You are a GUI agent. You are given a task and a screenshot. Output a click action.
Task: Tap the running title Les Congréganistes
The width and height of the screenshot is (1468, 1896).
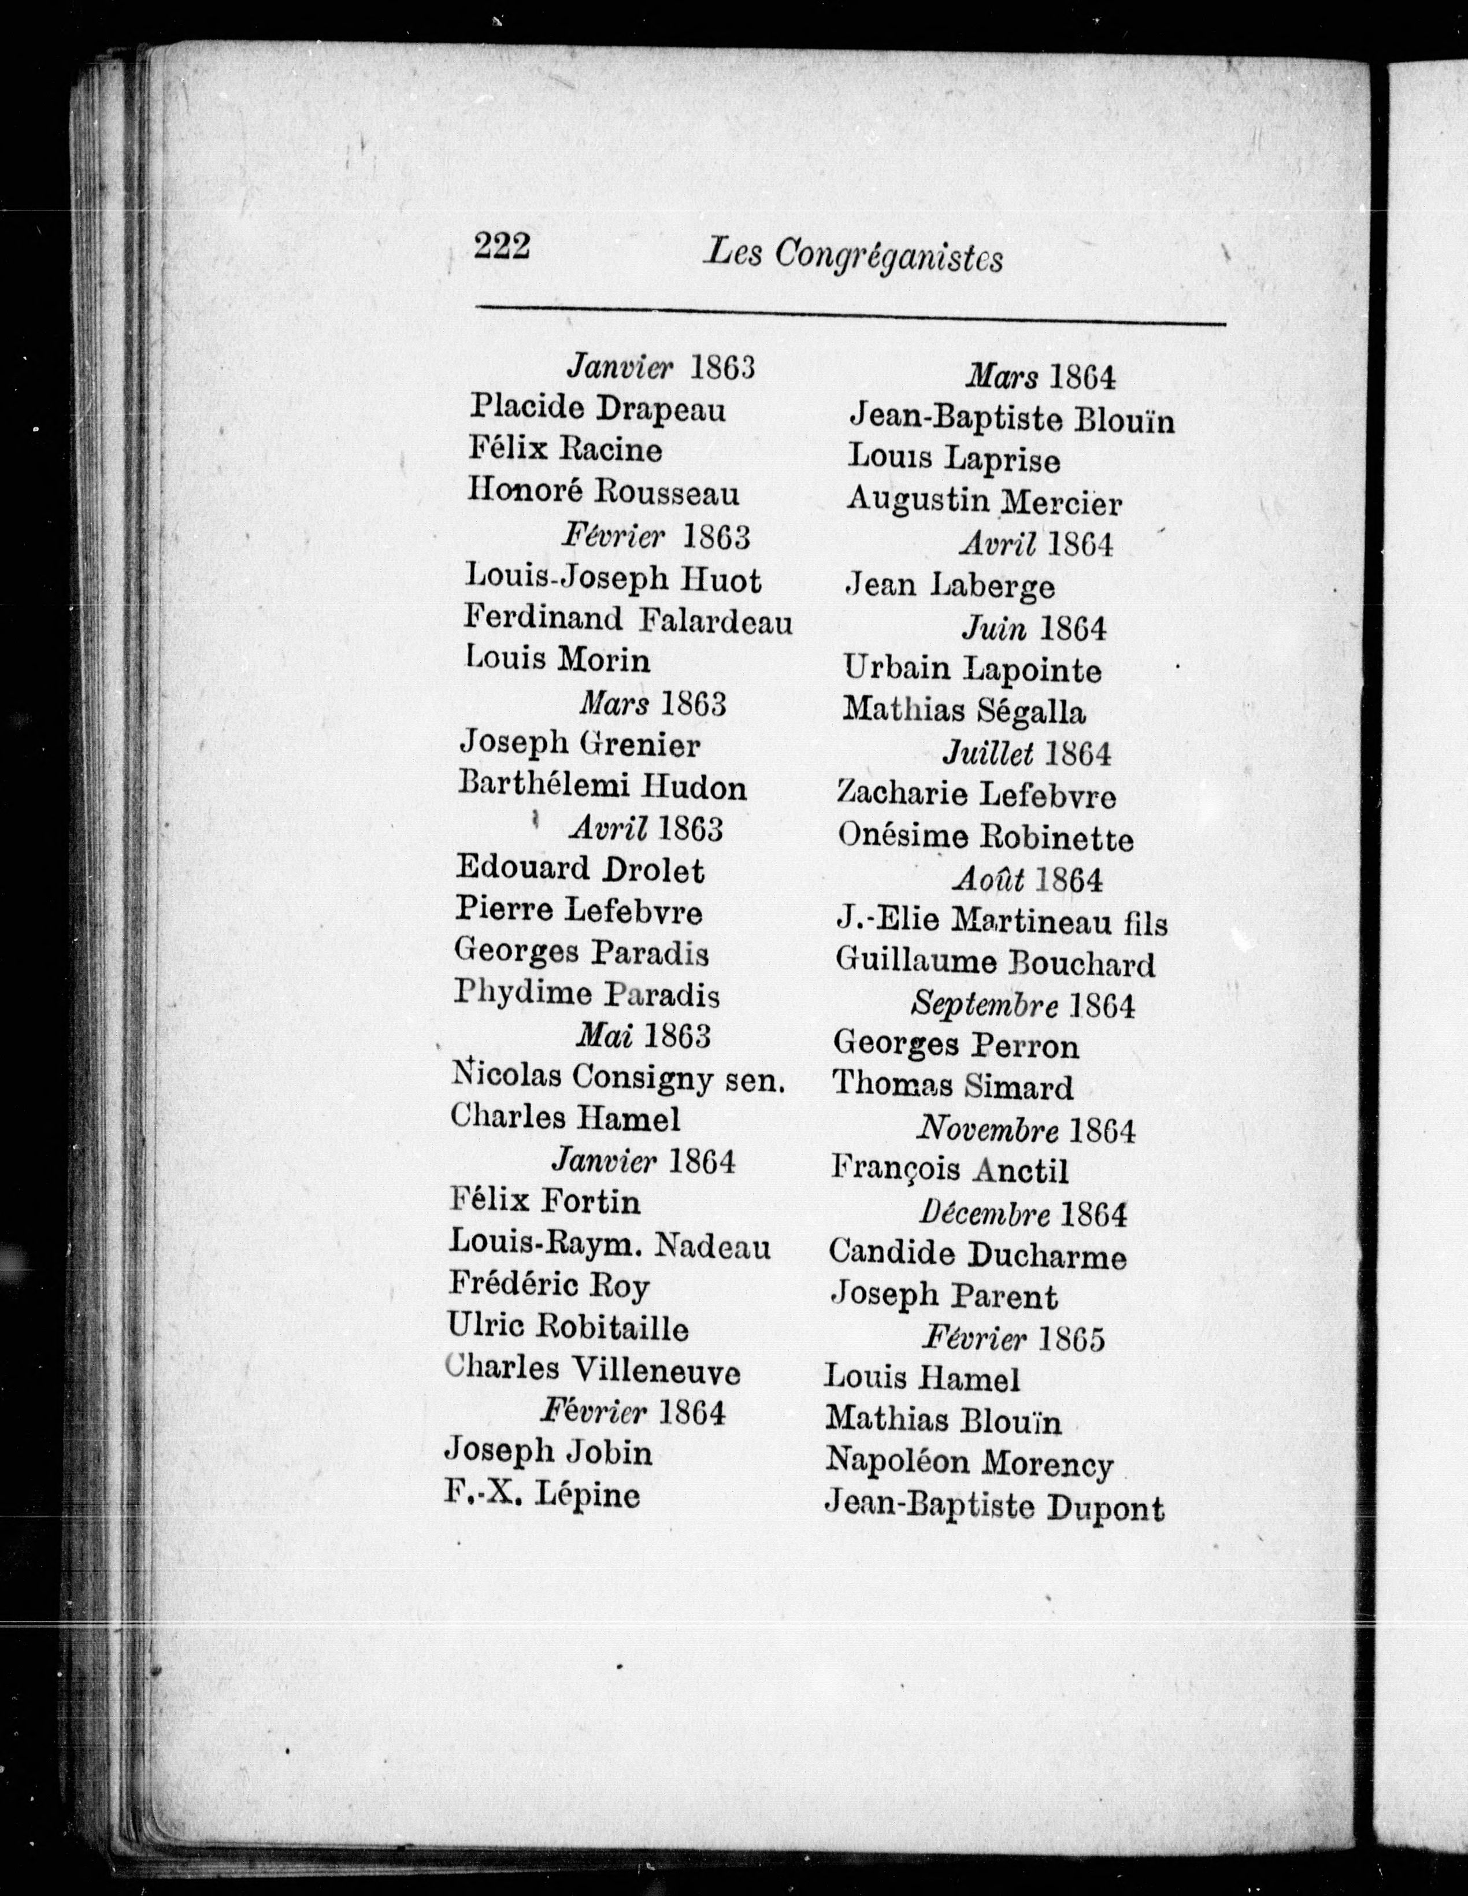[854, 255]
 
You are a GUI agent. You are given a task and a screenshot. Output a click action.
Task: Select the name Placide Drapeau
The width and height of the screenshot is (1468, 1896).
[597, 408]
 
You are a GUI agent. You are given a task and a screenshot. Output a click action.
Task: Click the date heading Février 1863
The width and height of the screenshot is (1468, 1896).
[655, 536]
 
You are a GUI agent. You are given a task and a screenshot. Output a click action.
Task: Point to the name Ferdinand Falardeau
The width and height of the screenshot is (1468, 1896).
[628, 620]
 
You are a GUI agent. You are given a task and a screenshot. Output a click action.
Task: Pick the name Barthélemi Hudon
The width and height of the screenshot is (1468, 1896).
[602, 787]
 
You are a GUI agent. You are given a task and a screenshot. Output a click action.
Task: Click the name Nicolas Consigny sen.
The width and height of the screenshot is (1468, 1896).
[618, 1077]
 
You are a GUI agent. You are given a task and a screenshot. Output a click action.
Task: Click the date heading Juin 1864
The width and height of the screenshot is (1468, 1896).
[1034, 628]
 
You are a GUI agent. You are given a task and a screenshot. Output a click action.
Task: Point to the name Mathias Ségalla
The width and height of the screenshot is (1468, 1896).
[963, 711]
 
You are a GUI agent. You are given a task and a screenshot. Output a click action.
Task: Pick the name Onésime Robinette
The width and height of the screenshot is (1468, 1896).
[985, 838]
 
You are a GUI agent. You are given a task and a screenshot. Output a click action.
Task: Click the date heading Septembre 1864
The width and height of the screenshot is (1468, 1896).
[1022, 1005]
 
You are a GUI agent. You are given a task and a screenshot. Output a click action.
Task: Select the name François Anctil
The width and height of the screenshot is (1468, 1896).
[950, 1169]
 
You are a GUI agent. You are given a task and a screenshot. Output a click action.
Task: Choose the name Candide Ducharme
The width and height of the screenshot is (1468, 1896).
[977, 1254]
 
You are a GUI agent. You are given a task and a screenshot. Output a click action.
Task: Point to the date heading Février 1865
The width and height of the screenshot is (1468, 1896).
[1013, 1338]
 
